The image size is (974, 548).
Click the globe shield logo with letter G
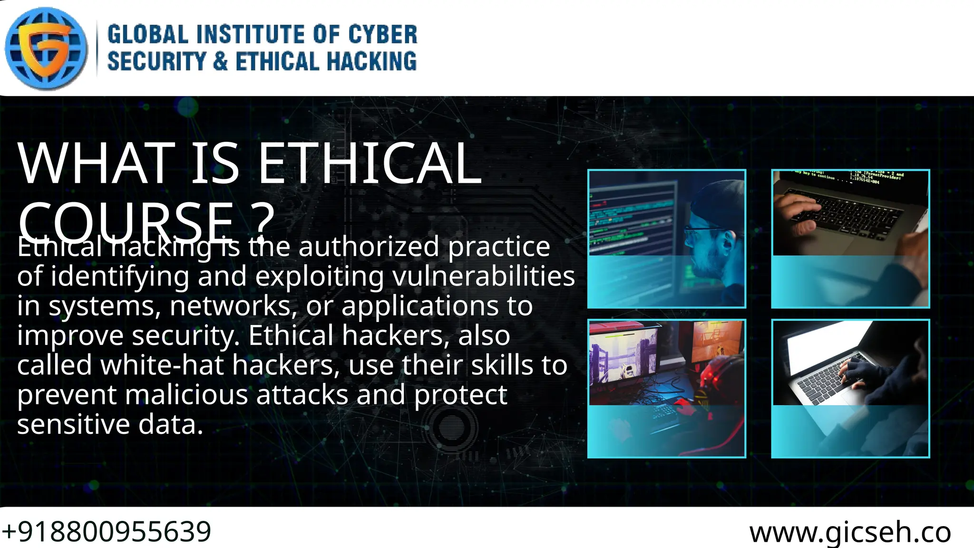46,48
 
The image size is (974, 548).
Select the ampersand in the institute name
220,62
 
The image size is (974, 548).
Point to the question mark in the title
263,220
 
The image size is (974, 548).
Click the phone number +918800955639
107,531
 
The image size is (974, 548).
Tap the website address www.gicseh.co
850,532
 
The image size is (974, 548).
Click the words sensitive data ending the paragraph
110,424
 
